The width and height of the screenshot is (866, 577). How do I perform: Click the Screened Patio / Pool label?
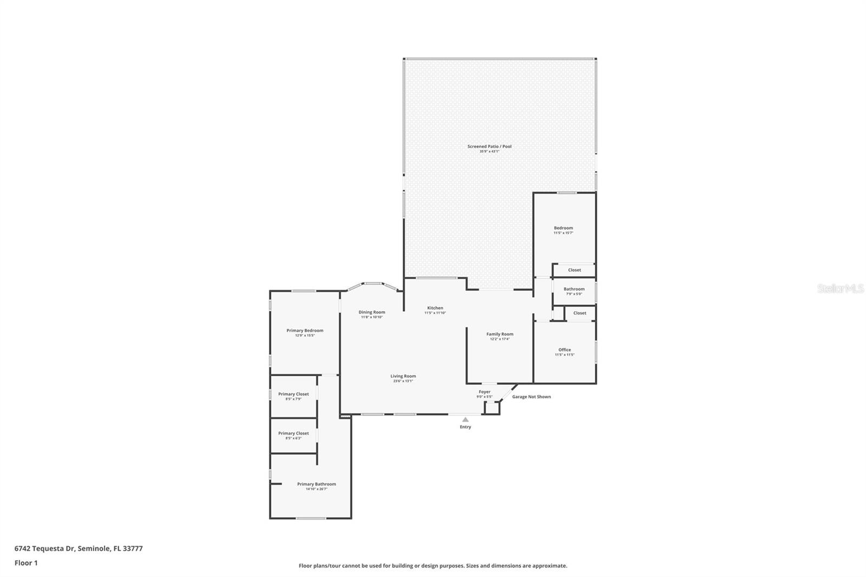(x=489, y=147)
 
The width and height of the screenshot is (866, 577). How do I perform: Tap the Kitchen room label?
(x=435, y=308)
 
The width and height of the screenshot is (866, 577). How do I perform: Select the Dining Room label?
(x=372, y=312)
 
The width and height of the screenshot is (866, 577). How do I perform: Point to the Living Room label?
(x=403, y=376)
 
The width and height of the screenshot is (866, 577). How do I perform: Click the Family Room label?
(x=500, y=335)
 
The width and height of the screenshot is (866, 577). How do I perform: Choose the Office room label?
(x=565, y=350)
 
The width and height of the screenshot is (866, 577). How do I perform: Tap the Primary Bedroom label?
(x=305, y=331)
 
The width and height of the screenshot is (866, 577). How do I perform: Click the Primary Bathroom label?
(x=316, y=484)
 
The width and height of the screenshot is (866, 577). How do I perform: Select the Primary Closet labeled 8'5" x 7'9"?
(x=293, y=395)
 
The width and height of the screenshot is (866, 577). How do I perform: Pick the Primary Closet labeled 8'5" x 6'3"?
(x=293, y=434)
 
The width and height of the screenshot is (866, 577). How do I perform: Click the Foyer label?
(x=484, y=392)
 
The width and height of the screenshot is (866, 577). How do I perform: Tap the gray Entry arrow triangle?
(x=465, y=419)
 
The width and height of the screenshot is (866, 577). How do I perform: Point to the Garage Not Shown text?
(x=532, y=397)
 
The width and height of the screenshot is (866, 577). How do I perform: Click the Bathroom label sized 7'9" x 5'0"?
(x=574, y=289)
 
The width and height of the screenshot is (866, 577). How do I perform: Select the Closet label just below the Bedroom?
(x=574, y=270)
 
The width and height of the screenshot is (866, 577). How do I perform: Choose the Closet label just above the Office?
(x=580, y=313)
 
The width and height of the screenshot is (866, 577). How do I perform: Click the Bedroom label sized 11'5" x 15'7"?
(x=563, y=228)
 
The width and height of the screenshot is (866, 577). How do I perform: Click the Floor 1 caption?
(x=26, y=563)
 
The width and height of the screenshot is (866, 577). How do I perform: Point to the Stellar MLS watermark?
(x=840, y=289)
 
